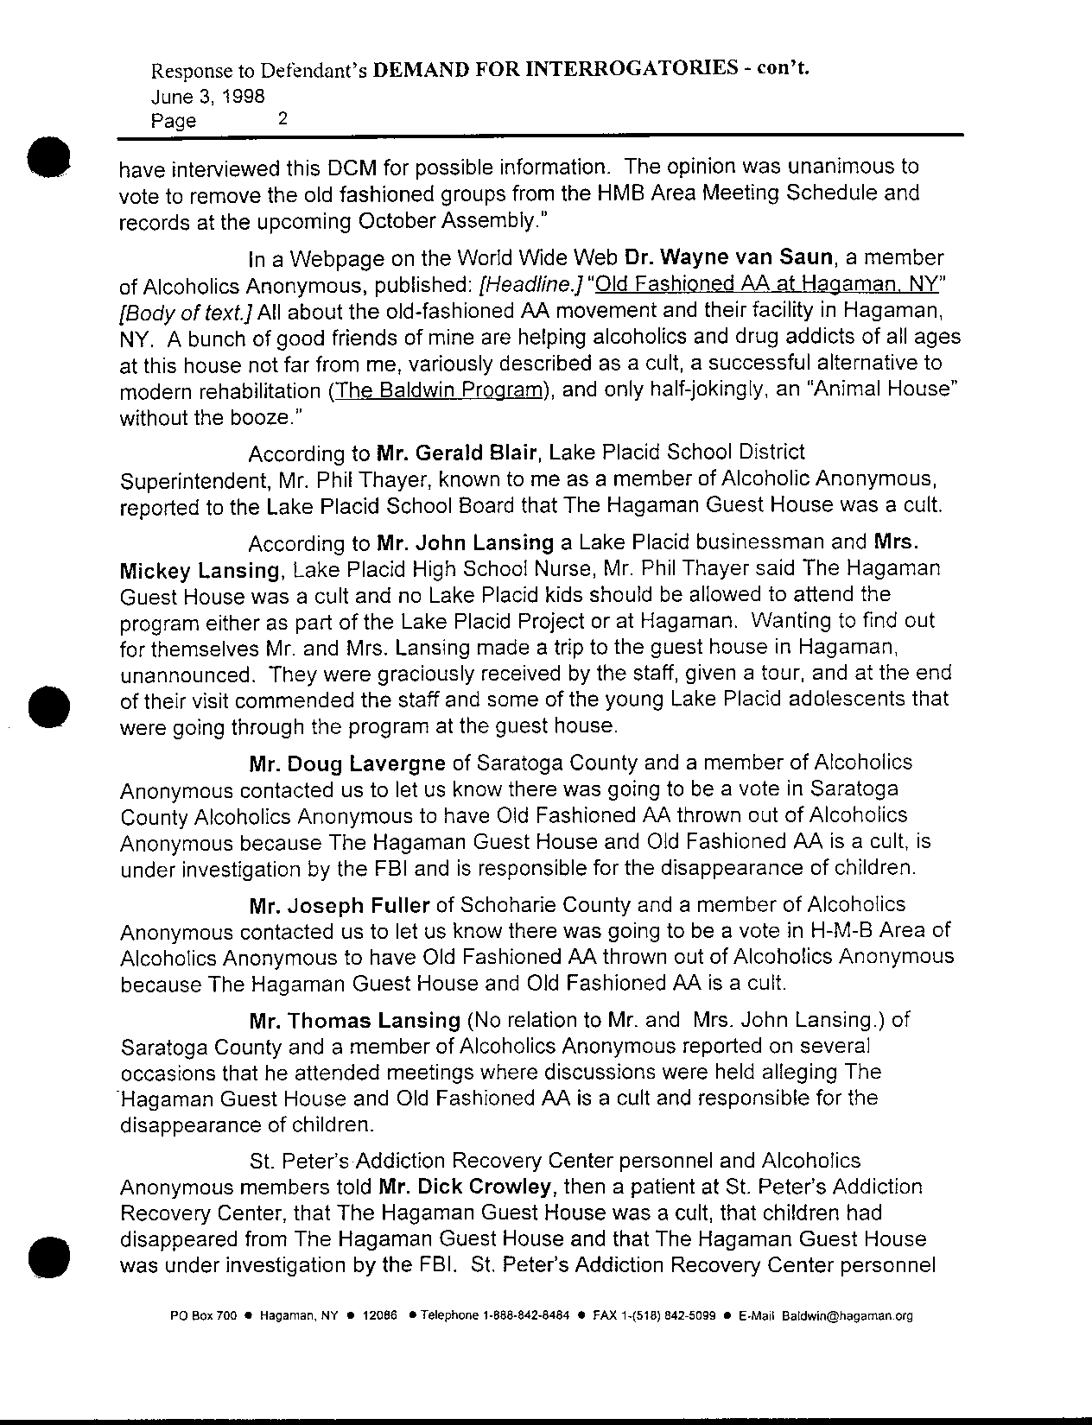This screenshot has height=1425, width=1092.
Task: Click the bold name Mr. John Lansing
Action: click(466, 543)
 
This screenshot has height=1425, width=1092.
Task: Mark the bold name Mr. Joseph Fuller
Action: click(339, 906)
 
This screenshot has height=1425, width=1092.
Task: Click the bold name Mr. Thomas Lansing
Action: click(354, 1021)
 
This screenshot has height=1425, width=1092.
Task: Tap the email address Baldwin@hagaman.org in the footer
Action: click(848, 1317)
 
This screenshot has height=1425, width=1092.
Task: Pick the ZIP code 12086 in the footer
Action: click(380, 1317)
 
